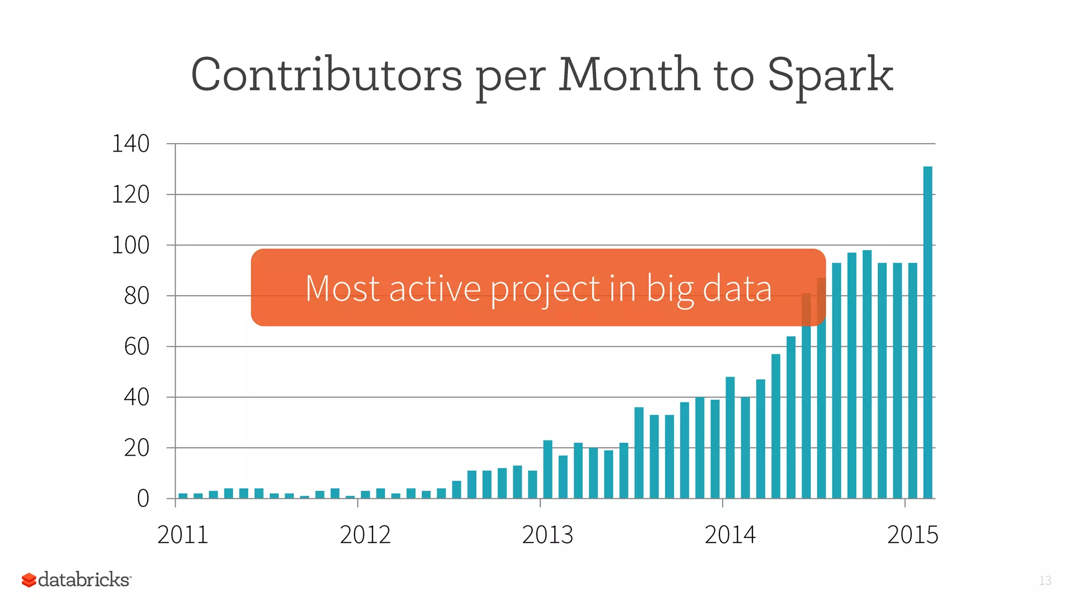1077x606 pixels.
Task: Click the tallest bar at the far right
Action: [928, 331]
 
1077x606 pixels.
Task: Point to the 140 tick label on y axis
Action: [130, 144]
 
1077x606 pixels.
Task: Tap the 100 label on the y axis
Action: [130, 245]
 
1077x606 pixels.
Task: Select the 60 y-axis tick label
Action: [137, 347]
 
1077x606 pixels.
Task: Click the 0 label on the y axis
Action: [143, 498]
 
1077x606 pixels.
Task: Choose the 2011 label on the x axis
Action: [182, 535]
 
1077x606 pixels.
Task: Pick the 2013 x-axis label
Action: [547, 535]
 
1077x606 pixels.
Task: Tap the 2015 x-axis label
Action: [912, 535]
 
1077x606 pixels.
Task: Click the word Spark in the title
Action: [830, 75]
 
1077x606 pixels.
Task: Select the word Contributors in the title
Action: [326, 75]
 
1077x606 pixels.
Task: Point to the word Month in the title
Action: [629, 75]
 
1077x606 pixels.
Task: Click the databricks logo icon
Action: [29, 580]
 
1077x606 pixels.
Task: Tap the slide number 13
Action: [1045, 580]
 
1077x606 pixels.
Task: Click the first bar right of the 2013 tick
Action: [547, 469]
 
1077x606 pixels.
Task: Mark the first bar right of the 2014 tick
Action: [730, 438]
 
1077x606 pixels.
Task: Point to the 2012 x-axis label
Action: [365, 535]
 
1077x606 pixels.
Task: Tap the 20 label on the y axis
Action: [137, 448]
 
